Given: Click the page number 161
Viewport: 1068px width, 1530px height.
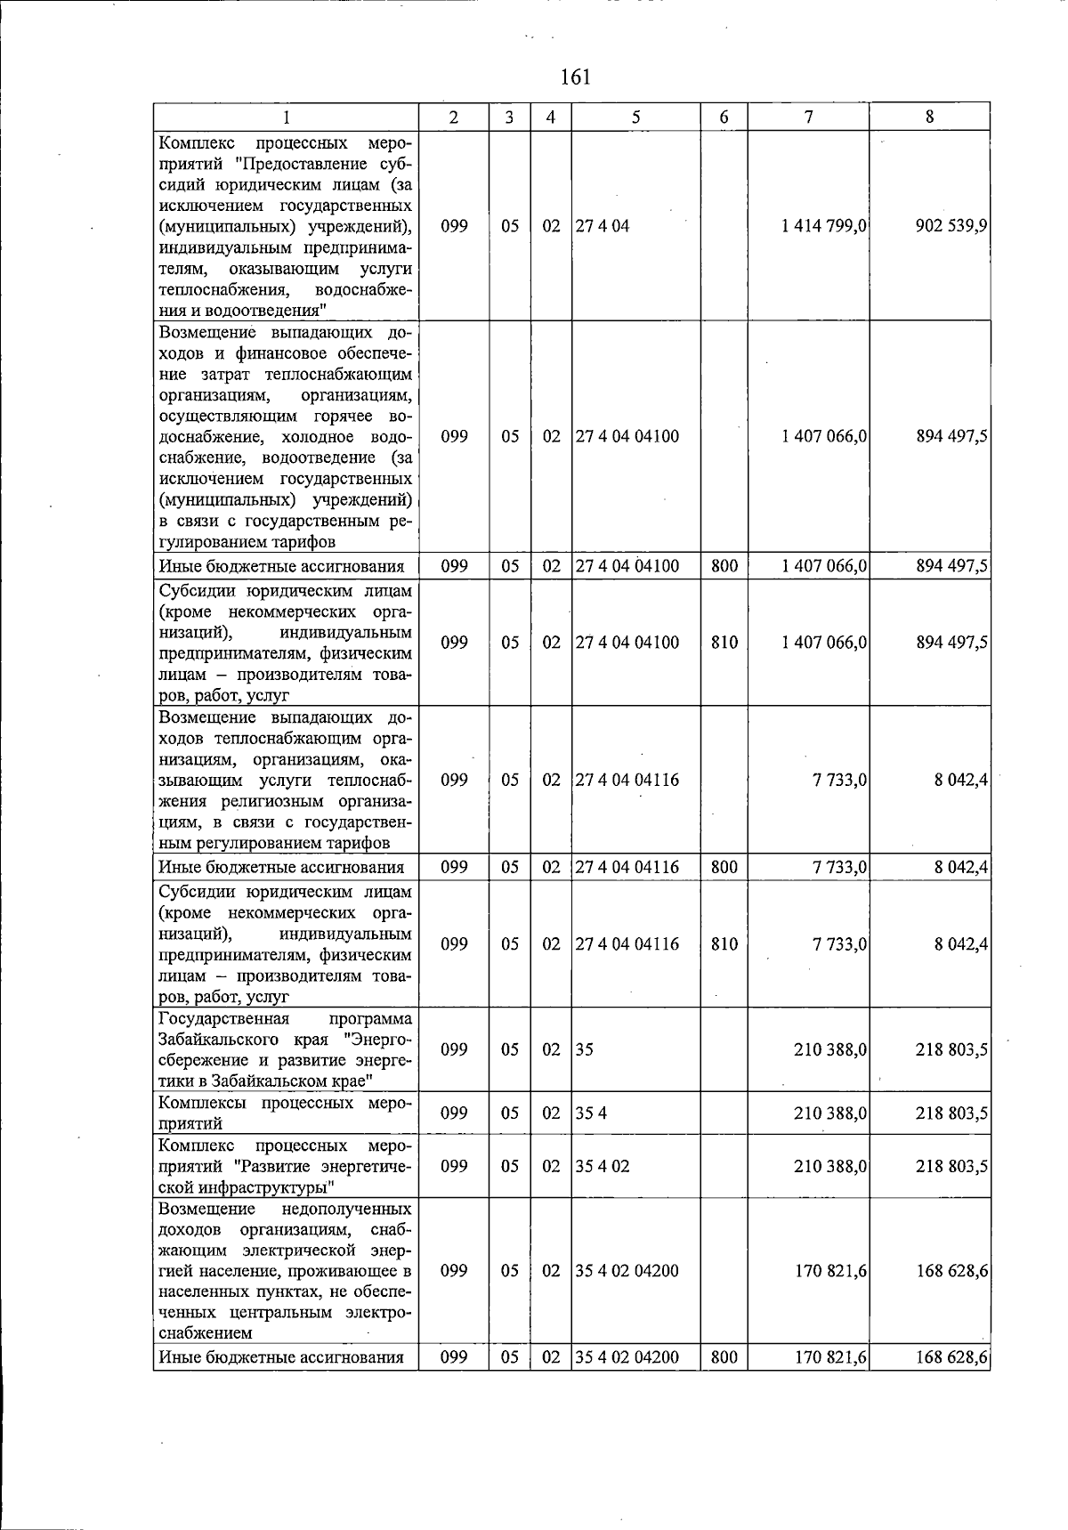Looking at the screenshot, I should pyautogui.click(x=576, y=77).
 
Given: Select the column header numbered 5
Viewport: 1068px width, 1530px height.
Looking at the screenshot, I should pyautogui.click(x=635, y=117).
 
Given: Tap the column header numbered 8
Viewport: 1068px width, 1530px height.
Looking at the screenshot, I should pyautogui.click(x=929, y=117).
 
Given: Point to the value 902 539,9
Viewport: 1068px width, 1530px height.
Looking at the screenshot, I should pyautogui.click(x=951, y=226).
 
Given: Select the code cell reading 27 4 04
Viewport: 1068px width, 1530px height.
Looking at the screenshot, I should pyautogui.click(x=603, y=226).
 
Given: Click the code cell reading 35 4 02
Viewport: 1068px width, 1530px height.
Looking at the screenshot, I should pyautogui.click(x=603, y=1165).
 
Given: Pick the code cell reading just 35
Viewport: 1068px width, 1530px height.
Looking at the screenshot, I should pyautogui.click(x=585, y=1049).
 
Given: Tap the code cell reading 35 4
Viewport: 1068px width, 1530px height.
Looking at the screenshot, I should pyautogui.click(x=591, y=1113).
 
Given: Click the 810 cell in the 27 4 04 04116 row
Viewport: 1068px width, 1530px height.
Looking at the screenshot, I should pyautogui.click(x=724, y=944).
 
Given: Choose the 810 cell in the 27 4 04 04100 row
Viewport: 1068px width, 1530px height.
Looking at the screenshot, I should pyautogui.click(x=724, y=643).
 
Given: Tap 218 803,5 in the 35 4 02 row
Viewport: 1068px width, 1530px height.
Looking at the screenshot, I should pyautogui.click(x=951, y=1165).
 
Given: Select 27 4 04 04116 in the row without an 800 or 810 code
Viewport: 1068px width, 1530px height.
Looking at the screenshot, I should pyautogui.click(x=627, y=780).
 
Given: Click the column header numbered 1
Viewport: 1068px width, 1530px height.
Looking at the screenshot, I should pyautogui.click(x=286, y=117).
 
